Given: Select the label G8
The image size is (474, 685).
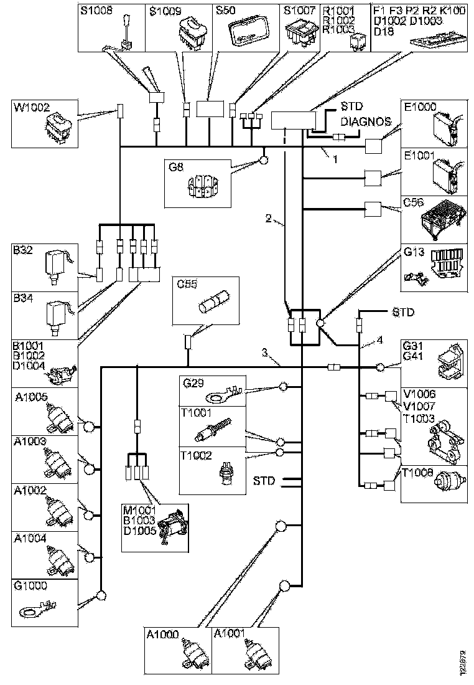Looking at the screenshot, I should click(177, 166).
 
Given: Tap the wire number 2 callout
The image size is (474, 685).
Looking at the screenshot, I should click(268, 218).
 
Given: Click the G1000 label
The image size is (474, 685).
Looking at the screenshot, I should click(30, 585).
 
